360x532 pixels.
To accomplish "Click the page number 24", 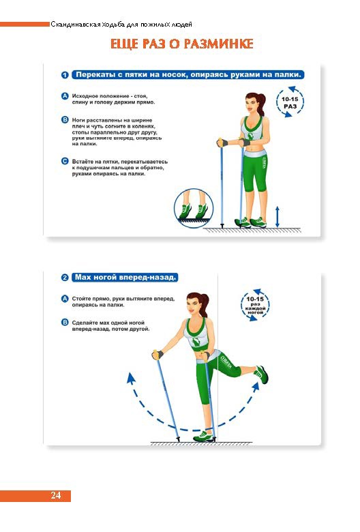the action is pyautogui.click(x=56, y=495).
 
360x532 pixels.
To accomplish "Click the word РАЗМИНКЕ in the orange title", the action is pyautogui.click(x=219, y=44).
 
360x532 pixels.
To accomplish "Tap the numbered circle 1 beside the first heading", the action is pyautogui.click(x=65, y=75).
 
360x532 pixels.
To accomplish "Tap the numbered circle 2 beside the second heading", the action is pyautogui.click(x=65, y=278).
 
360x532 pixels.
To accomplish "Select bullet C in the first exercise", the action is pyautogui.click(x=65, y=162).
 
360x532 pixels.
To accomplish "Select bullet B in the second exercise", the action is pyautogui.click(x=65, y=323).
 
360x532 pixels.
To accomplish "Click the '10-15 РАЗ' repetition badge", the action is pyautogui.click(x=290, y=102).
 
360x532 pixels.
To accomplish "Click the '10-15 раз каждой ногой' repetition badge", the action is pyautogui.click(x=255, y=305).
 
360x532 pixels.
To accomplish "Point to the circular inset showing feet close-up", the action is pyautogui.click(x=194, y=208).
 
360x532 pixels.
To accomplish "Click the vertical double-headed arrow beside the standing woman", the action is pyautogui.click(x=277, y=216).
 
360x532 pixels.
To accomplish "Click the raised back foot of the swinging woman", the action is pyautogui.click(x=262, y=374).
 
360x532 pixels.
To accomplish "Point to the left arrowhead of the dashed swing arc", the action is pyautogui.click(x=130, y=378).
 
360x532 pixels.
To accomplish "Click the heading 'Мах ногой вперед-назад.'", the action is pyautogui.click(x=125, y=278).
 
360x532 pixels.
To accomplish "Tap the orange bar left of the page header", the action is pyautogui.click(x=25, y=24).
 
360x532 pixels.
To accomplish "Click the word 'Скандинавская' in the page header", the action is pyautogui.click(x=76, y=25).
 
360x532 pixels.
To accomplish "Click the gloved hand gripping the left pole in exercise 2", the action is pyautogui.click(x=157, y=355).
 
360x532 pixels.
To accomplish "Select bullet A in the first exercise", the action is pyautogui.click(x=65, y=96).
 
